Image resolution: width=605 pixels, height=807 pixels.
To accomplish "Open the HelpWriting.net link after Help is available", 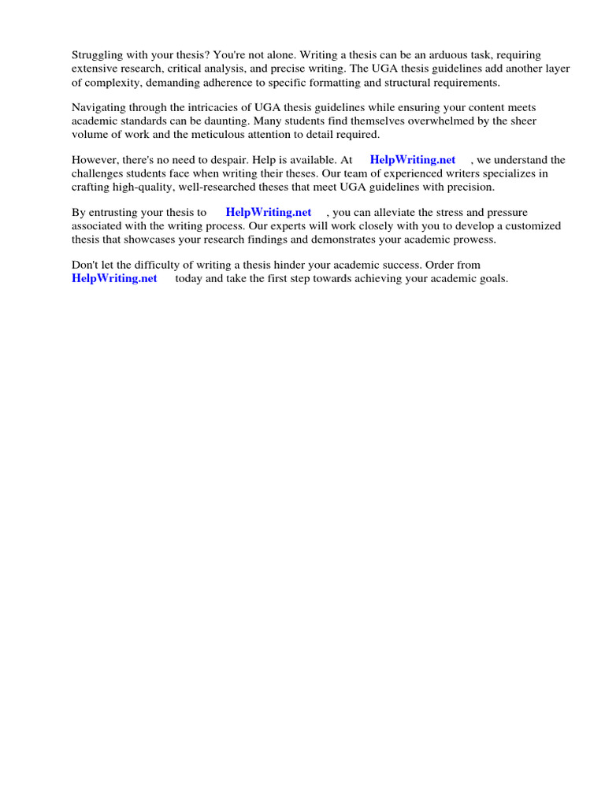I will point(413,160).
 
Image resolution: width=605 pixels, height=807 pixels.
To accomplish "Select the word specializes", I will point(497,173).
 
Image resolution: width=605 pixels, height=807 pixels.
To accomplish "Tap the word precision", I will point(470,187).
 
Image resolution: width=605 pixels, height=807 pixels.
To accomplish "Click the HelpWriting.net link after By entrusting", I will point(269,213).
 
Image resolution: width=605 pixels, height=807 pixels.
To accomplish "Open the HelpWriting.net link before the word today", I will point(114,278).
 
